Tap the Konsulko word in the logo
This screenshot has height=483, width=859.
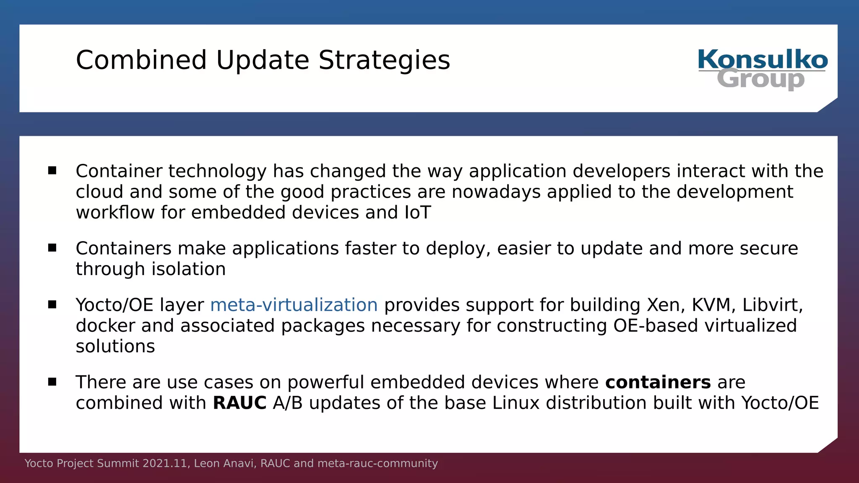763,60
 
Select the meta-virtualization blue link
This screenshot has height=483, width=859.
294,305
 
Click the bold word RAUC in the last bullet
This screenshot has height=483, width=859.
239,403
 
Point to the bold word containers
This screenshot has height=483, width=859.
658,382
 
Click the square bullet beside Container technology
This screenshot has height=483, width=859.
52,170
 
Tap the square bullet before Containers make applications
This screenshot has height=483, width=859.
52,248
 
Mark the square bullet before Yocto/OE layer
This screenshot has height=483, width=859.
52,304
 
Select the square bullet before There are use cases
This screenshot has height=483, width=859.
52,382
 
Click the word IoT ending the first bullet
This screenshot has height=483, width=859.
418,213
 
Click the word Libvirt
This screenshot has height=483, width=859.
772,305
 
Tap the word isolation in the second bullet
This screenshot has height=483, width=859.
188,269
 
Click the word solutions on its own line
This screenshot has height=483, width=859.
115,347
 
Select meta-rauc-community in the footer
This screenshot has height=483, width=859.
377,463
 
